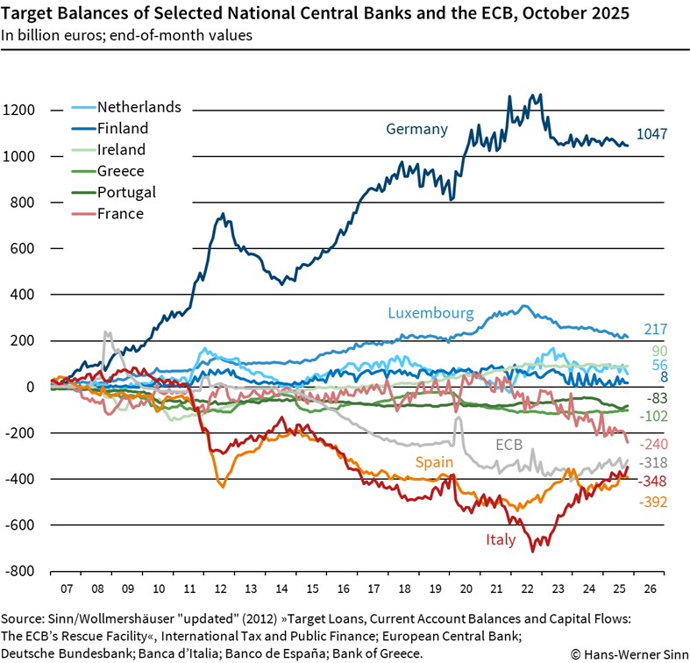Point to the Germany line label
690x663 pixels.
pyautogui.click(x=416, y=129)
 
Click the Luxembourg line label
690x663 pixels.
pyautogui.click(x=430, y=313)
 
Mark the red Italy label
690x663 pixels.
pyautogui.click(x=501, y=539)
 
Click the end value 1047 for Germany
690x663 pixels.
pyautogui.click(x=652, y=134)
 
